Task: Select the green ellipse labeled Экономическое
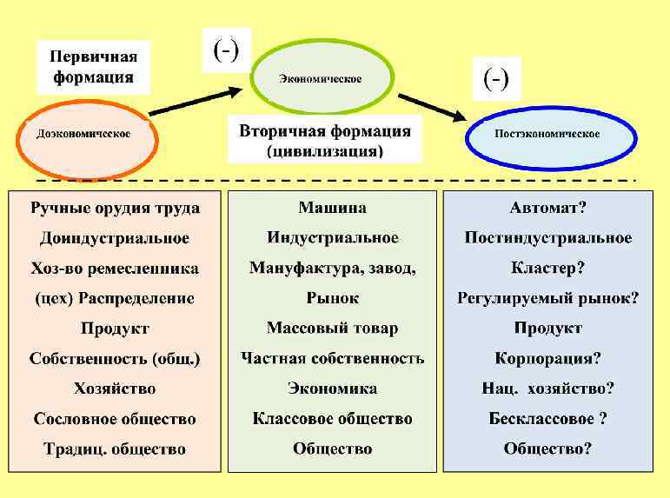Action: point(320,79)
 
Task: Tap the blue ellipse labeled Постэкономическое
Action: point(546,135)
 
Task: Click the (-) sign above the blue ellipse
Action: point(496,79)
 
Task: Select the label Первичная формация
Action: point(93,66)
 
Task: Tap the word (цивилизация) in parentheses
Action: point(324,151)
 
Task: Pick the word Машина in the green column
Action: point(332,208)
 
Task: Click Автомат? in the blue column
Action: point(547,208)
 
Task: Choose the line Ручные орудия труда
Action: point(115,208)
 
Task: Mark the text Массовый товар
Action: point(332,329)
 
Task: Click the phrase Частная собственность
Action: point(332,358)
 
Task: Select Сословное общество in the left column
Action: point(115,419)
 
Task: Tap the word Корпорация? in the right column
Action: point(547,358)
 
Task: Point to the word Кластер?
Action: point(547,268)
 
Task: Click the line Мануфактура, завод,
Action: point(332,268)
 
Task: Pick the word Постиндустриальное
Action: point(547,238)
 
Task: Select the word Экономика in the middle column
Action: point(332,388)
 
